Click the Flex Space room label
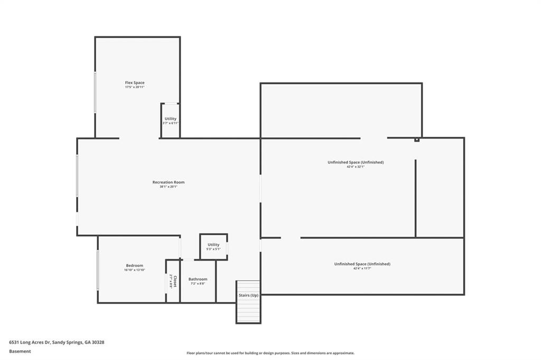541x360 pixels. (135, 82)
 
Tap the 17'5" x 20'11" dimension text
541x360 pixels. (135, 87)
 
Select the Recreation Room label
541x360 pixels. (169, 182)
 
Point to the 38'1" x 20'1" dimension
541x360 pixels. (169, 187)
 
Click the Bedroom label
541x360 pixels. (134, 265)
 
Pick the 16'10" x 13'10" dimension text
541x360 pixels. (134, 270)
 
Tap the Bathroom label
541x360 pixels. (198, 279)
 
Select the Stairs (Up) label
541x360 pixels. (248, 295)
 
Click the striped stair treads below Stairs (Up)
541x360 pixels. (248, 311)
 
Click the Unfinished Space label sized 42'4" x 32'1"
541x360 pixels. (356, 162)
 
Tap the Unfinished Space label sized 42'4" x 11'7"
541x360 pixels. (362, 264)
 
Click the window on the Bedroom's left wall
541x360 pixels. (98, 270)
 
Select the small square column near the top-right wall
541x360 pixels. (417, 140)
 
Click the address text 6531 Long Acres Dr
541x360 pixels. (57, 342)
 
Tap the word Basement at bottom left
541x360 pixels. (20, 351)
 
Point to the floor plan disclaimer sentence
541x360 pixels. (270, 353)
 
